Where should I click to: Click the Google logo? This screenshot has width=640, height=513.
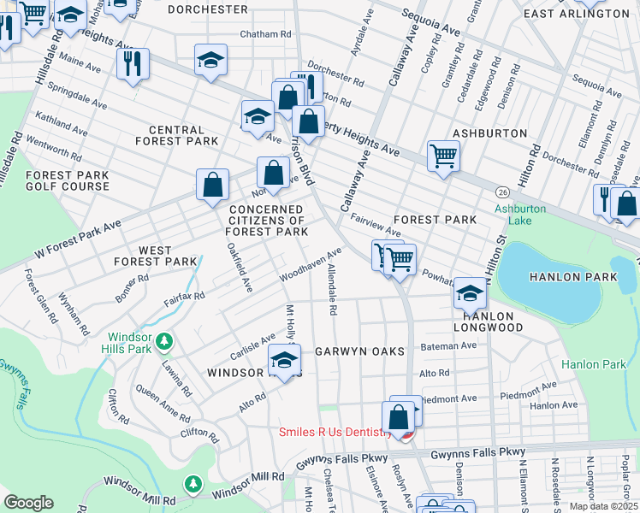[x=28, y=503]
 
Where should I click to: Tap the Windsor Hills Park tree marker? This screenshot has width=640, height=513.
[x=163, y=342]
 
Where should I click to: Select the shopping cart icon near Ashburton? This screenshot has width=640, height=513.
[x=443, y=156]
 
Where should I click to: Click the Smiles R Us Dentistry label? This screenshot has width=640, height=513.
[x=334, y=433]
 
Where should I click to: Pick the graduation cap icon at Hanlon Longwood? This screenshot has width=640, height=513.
[x=469, y=294]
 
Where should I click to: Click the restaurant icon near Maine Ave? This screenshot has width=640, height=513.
[x=133, y=64]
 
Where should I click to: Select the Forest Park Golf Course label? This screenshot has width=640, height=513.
[x=56, y=180]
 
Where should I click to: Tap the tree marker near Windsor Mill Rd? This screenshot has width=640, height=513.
[x=194, y=485]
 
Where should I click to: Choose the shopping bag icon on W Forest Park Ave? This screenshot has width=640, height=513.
[x=212, y=186]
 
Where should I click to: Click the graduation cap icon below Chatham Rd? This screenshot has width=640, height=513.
[x=210, y=61]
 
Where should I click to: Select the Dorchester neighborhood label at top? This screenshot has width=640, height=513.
[x=208, y=9]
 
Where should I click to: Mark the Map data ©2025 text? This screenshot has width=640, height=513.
[x=603, y=506]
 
